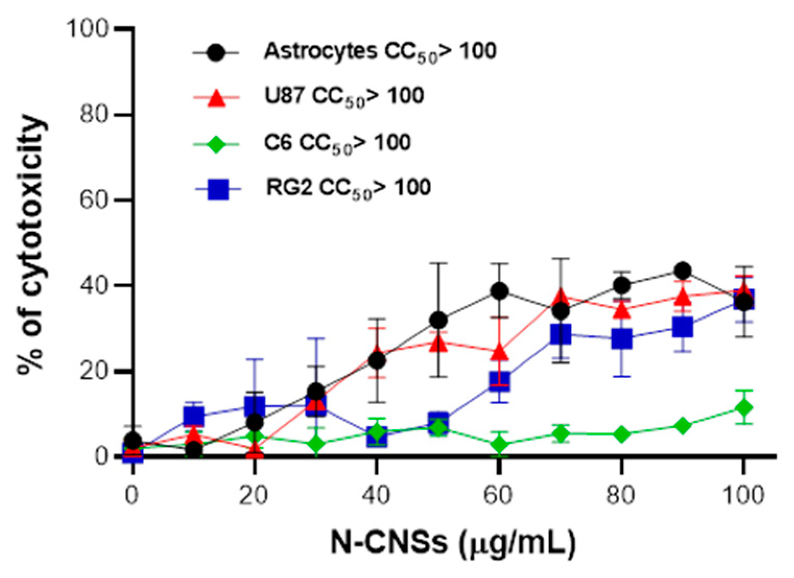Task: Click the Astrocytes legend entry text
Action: click(380, 52)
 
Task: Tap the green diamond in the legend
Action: click(216, 143)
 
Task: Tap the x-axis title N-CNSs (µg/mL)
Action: click(453, 544)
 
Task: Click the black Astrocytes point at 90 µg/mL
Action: click(682, 270)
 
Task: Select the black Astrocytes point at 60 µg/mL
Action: click(500, 291)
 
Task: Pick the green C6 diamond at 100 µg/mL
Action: click(743, 407)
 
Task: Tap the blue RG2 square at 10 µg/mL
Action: click(193, 416)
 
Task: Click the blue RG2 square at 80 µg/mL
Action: click(621, 339)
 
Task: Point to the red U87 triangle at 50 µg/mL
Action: click(439, 344)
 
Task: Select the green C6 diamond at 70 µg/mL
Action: click(561, 433)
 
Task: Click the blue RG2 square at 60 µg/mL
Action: click(500, 381)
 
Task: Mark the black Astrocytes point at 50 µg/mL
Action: click(439, 320)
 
